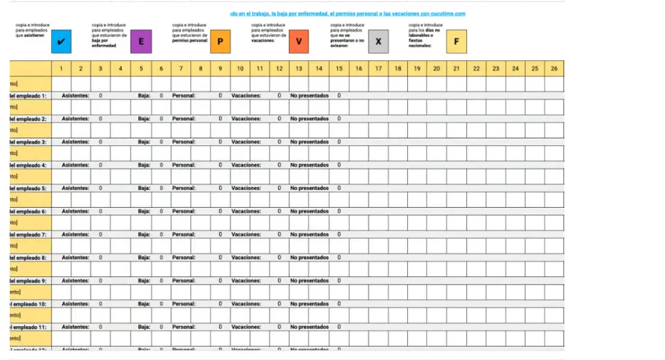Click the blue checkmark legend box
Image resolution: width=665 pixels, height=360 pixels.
click(62, 42)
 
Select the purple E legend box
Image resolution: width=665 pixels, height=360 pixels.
click(141, 42)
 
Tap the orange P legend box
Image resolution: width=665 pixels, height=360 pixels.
click(220, 42)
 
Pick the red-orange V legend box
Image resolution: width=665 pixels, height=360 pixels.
click(299, 42)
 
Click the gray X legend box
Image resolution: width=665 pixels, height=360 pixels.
click(378, 42)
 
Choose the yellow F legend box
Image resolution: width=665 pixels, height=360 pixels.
click(456, 42)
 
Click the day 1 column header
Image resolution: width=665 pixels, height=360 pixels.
click(61, 69)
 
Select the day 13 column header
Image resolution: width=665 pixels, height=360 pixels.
click(299, 69)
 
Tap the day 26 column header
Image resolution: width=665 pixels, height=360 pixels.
click(553, 69)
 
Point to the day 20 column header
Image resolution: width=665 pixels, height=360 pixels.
click(436, 69)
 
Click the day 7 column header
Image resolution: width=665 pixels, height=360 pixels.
click(180, 69)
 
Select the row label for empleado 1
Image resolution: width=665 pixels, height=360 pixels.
click(28, 96)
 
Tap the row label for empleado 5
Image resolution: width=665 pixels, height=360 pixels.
click(28, 188)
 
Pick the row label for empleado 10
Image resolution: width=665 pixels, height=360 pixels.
click(28, 304)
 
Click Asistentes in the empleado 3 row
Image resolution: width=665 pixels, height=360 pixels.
click(76, 142)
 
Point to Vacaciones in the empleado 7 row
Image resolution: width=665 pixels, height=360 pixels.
click(246, 235)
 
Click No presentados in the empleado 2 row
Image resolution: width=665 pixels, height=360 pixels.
click(309, 119)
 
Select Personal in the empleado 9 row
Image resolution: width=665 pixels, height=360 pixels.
click(184, 281)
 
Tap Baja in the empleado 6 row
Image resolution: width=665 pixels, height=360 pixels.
click(144, 211)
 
